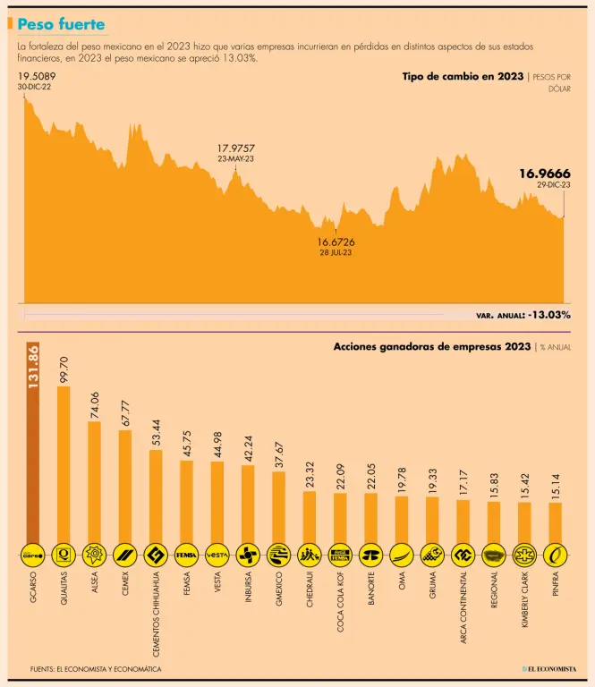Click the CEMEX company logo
(x=124, y=555)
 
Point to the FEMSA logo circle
(x=185, y=555)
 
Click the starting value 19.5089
(x=36, y=77)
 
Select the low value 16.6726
(x=336, y=242)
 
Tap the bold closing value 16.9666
(x=545, y=174)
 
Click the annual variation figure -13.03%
(x=549, y=315)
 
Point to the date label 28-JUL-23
(x=336, y=253)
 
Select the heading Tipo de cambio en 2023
(x=463, y=77)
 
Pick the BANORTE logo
(x=370, y=555)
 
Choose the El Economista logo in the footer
(x=550, y=668)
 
